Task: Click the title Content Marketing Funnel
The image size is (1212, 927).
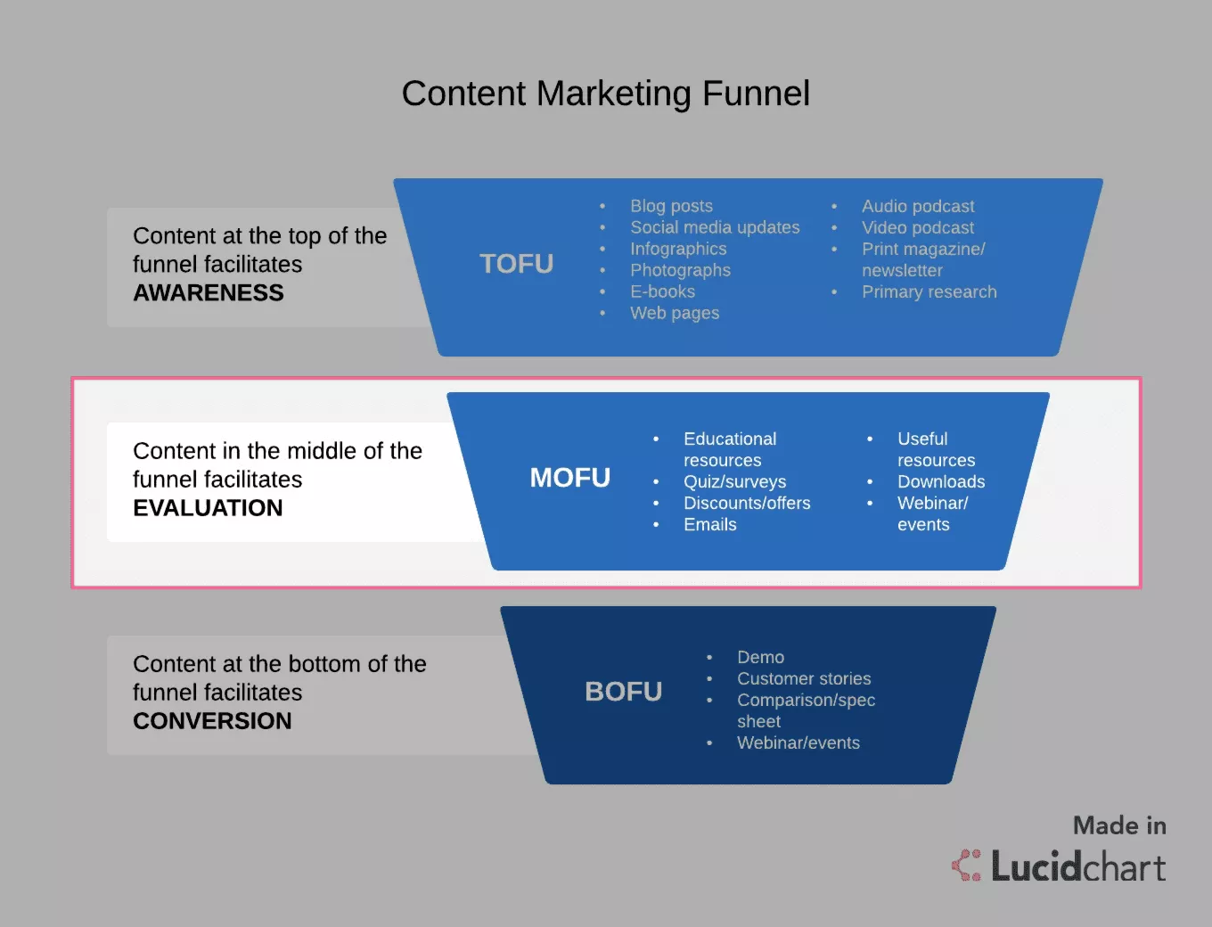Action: (606, 93)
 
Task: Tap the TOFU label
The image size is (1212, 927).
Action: (516, 263)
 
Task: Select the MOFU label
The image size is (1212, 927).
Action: (569, 478)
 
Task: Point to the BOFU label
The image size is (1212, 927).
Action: (624, 692)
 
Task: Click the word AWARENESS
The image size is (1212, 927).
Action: (209, 292)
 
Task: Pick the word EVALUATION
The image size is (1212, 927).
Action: (208, 508)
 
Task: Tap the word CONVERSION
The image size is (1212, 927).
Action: (212, 721)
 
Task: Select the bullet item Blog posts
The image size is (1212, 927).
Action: (671, 206)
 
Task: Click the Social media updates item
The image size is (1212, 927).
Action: (715, 227)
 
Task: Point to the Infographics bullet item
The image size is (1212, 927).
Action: (678, 249)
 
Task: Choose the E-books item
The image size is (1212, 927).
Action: (663, 291)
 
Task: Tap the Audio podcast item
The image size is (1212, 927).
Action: (918, 207)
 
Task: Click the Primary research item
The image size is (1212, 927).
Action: (929, 292)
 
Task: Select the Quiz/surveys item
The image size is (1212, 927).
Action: (735, 482)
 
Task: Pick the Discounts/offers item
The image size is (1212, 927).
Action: (747, 503)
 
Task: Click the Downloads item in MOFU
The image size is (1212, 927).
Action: (941, 481)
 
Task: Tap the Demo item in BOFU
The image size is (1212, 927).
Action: (760, 657)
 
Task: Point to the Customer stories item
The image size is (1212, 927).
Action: (804, 678)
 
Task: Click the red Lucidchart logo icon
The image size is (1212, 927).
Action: (966, 865)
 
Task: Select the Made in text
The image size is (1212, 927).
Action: (1120, 826)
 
